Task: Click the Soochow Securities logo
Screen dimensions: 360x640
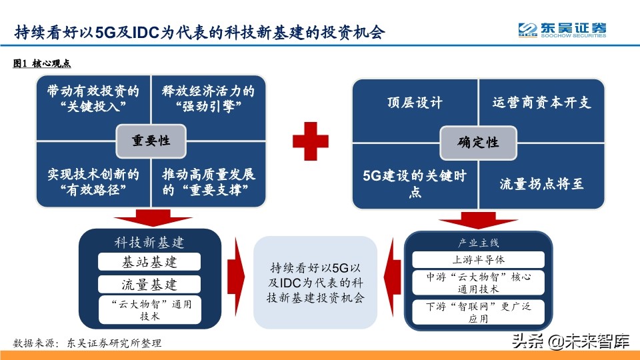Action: coord(562,30)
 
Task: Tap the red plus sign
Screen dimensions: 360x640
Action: coord(311,141)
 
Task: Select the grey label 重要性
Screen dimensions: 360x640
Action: coord(150,141)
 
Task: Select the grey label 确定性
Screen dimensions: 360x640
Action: coord(477,142)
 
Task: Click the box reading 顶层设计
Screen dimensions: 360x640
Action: coord(414,103)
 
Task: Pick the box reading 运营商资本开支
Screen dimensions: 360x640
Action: coord(541,103)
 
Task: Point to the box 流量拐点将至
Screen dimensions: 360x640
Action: coord(541,183)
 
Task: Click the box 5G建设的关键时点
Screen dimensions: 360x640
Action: coord(414,183)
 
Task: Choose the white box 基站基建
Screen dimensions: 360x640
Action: coord(149,261)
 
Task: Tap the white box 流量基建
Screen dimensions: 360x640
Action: coord(149,285)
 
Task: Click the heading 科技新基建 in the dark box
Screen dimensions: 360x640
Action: coord(149,241)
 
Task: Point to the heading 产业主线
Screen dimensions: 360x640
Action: coord(479,242)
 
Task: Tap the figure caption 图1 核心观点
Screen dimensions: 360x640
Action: coord(42,63)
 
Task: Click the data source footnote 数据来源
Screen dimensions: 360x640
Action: coord(87,343)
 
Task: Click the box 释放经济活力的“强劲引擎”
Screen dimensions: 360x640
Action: coord(209,97)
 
